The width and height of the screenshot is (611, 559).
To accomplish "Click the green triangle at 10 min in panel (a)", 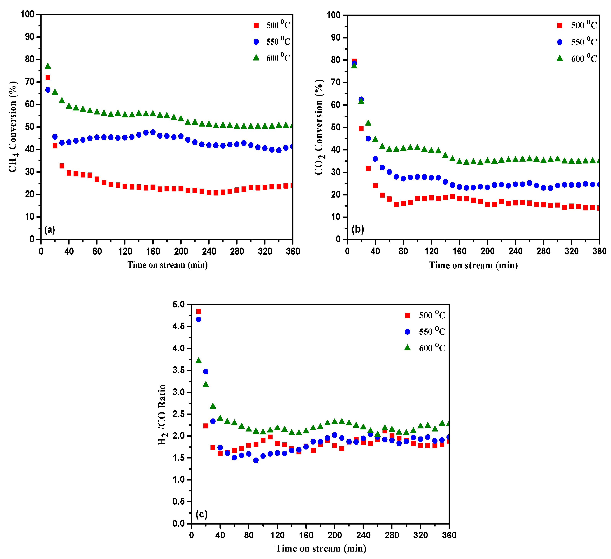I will (48, 66).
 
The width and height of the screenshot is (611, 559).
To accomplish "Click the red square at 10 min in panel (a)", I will (48, 77).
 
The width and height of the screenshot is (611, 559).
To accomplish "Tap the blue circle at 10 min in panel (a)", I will (48, 90).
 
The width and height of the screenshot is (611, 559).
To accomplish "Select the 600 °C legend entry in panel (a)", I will (272, 58).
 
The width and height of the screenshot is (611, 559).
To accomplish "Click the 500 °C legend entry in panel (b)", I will (577, 25).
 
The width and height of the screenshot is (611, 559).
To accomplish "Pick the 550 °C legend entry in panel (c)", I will (425, 331).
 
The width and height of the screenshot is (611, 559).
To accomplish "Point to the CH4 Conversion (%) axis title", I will (13, 127).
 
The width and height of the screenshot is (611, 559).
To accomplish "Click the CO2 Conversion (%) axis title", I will (319, 127).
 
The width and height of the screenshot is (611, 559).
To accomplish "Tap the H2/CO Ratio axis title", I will (162, 415).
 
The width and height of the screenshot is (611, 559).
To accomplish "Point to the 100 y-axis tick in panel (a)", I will (27, 14).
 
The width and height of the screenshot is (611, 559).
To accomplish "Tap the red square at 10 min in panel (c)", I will (198, 311).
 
